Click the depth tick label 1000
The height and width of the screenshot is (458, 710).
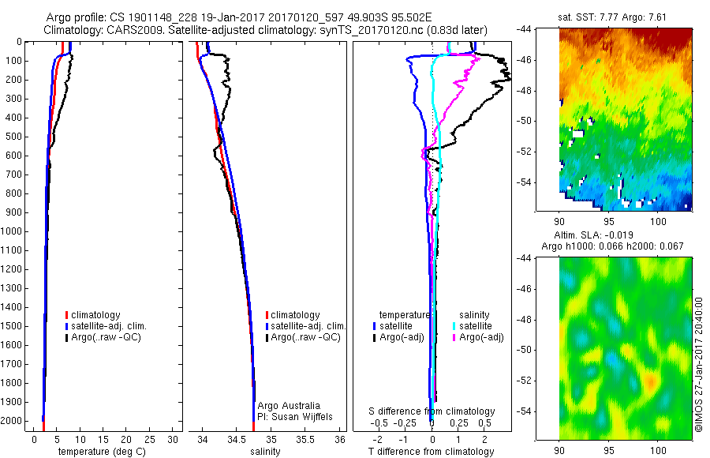12,231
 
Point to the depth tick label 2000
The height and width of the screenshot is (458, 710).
12,421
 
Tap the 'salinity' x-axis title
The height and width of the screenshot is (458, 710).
265,452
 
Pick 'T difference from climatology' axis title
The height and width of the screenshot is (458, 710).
432,452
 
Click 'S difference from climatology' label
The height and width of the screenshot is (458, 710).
432,411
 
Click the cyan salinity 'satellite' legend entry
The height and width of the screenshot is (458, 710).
473,325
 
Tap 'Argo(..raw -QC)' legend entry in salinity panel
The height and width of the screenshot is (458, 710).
305,337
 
